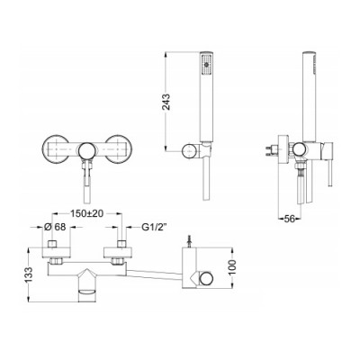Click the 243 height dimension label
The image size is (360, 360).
click(166, 102)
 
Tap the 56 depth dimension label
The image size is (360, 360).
click(289, 219)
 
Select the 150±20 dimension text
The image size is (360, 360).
click(87, 213)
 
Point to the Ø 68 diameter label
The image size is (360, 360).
click(55, 227)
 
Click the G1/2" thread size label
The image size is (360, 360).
click(154, 228)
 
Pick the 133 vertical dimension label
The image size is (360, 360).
click(29, 274)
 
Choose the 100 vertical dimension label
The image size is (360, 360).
click(232, 268)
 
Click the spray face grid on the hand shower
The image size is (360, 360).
click(206, 65)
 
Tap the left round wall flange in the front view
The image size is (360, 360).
click(56, 149)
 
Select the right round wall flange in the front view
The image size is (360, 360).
click(119, 149)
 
